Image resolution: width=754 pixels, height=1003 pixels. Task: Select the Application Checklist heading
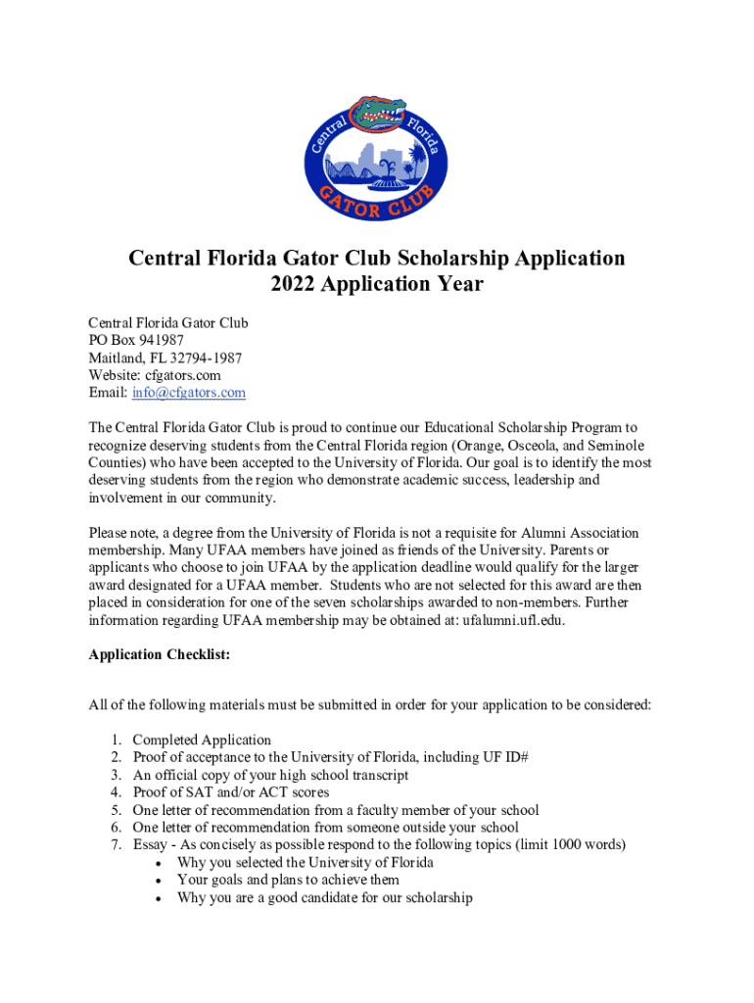[159, 656]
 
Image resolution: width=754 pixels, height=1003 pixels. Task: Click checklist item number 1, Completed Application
[202, 740]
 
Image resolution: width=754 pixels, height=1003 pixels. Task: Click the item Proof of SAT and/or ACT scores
[231, 792]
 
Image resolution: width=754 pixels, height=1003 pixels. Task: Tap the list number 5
[115, 810]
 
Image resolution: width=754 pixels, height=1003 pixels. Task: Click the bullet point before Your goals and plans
[160, 881]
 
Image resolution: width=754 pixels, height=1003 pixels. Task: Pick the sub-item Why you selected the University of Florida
[305, 862]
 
